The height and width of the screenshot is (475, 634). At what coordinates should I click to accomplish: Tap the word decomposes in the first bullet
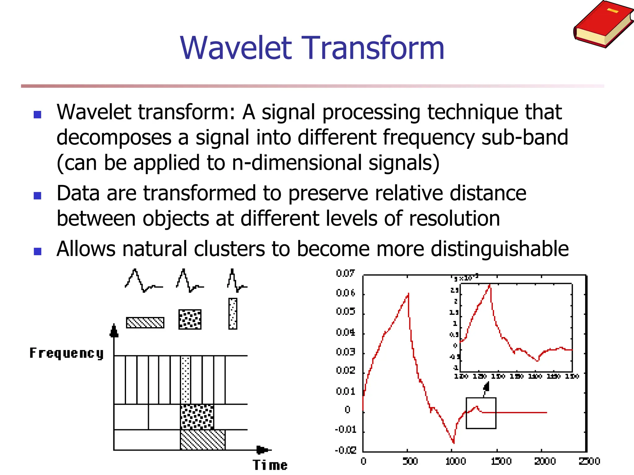point(113,137)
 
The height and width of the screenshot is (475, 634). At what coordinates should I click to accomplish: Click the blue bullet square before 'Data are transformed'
point(37,196)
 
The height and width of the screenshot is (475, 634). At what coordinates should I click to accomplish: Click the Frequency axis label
point(66,353)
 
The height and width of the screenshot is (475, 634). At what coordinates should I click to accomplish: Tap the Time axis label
point(270,465)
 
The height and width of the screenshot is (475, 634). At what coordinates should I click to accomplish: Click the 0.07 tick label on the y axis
point(345,273)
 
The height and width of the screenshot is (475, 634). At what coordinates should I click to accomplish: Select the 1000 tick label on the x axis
point(455,461)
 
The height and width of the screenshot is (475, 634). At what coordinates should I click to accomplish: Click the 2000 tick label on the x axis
point(545,461)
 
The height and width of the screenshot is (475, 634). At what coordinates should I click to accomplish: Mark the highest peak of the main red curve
point(408,294)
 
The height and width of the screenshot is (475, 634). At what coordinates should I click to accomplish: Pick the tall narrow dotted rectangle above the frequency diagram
point(233,314)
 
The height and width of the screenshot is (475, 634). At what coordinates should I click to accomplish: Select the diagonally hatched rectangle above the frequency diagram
point(145,323)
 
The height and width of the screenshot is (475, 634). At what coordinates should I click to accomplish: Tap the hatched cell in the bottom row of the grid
point(203,440)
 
